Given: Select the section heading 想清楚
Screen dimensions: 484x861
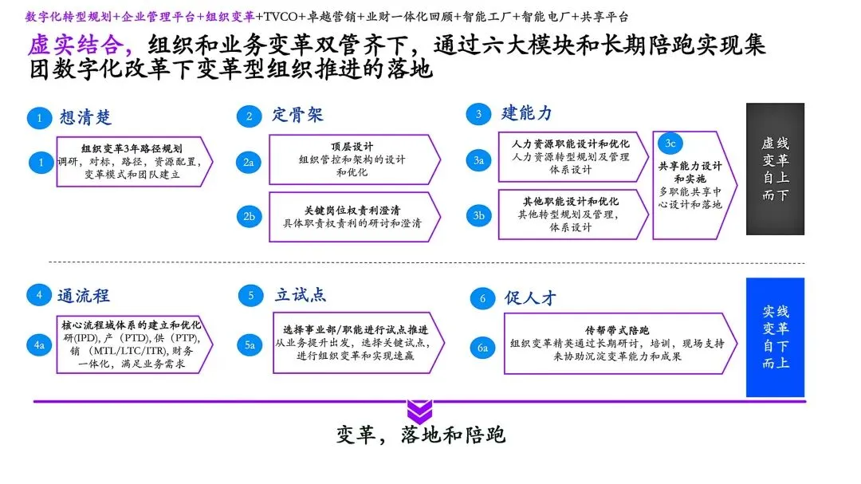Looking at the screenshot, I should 86,117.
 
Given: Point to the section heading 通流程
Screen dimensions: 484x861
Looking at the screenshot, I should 84,296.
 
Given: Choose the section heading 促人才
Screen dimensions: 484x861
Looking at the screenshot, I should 530,298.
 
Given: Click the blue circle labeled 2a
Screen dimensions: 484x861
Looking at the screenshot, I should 249,162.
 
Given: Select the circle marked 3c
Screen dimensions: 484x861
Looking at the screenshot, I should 670,143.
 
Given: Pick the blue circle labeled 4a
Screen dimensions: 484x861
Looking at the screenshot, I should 38,345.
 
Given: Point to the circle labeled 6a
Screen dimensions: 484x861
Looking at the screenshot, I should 482,348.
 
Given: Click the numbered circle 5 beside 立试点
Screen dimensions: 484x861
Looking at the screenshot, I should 250,296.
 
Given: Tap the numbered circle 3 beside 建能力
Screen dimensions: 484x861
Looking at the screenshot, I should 478,114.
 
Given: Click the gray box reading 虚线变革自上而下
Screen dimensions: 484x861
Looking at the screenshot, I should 775,169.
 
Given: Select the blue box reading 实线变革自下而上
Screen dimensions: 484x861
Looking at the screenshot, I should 775,337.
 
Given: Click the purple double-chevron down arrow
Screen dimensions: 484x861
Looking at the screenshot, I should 419,411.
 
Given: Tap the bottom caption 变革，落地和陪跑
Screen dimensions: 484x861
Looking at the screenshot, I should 420,435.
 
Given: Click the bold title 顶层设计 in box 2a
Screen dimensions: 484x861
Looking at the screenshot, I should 352,147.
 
